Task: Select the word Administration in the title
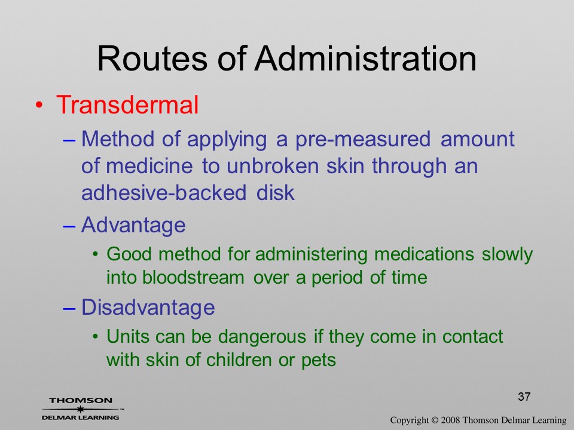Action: [x=366, y=59]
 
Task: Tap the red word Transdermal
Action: [x=127, y=105]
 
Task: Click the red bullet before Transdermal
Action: [x=39, y=105]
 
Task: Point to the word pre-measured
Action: [x=363, y=140]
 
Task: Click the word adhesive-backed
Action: [x=164, y=192]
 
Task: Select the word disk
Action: [x=275, y=192]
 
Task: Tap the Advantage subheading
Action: [x=133, y=225]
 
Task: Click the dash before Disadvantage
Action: [x=69, y=308]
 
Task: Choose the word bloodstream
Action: [x=193, y=277]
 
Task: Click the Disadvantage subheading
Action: [x=148, y=307]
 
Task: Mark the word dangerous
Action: [x=262, y=337]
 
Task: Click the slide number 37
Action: [x=524, y=397]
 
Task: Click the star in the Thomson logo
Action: [x=81, y=408]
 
